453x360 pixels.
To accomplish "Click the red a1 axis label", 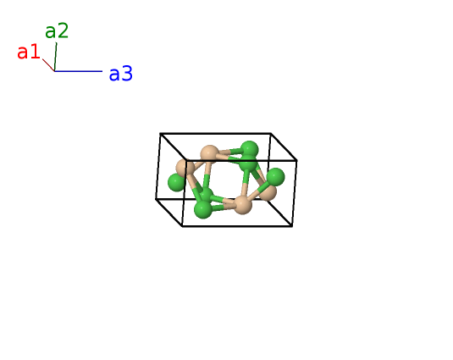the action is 28,52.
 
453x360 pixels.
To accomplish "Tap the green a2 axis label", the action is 57,30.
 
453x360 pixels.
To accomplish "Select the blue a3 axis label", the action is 121,74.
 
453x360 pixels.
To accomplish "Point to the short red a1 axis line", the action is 48,65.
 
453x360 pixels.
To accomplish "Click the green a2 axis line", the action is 56,57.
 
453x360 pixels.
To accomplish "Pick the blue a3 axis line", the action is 78,71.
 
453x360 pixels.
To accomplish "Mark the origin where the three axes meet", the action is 54,71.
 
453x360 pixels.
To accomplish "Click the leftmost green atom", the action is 176,183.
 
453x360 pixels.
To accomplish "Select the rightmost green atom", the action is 275,177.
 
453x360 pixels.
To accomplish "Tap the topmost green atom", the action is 249,150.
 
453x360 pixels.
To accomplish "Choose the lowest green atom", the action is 203,209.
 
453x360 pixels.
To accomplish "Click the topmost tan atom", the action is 210,154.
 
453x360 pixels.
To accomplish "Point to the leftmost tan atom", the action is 185,167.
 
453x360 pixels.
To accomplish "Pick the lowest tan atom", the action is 242,205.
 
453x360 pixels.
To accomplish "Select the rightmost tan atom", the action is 268,191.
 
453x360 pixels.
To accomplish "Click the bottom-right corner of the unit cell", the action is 292,226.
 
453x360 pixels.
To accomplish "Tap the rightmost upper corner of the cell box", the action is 296,160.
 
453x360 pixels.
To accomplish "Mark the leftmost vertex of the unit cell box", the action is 156,199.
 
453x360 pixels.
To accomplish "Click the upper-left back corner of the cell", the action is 160,134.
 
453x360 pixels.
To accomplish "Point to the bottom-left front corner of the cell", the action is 182,226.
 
